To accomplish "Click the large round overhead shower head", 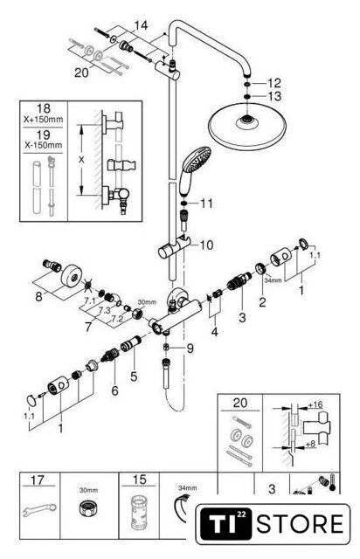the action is (246, 127).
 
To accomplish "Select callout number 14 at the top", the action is (141, 25).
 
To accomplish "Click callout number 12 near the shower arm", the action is (274, 83).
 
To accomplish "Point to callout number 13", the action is (274, 96).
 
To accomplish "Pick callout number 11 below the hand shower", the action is (206, 204).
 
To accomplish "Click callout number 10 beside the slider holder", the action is (206, 245).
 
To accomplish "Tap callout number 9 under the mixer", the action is (190, 348).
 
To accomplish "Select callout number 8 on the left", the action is (38, 296).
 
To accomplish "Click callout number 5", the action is (134, 376).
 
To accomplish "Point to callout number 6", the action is (114, 390).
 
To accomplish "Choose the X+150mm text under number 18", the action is (43, 120).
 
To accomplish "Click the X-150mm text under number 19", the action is (43, 145).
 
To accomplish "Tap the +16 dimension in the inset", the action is (315, 404).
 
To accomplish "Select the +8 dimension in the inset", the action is (310, 445).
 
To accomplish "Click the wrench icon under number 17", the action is (39, 510).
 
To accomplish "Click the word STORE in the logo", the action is (301, 524).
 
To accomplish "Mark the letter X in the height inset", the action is (82, 160).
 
